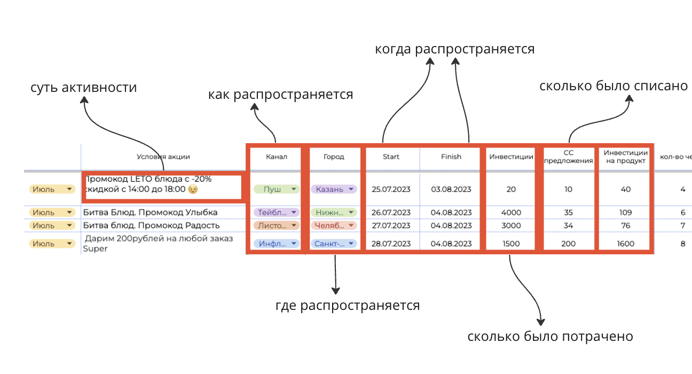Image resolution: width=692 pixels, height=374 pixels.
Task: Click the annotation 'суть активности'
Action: point(84,88)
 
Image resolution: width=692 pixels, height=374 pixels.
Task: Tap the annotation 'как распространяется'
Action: point(280,95)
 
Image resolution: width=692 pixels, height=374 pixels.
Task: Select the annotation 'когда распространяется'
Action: point(454,49)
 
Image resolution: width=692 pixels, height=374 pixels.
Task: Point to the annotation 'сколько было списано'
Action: point(614,85)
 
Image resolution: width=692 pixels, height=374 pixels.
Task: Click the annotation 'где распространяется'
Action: point(348,306)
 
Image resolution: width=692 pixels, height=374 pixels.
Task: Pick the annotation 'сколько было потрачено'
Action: point(550,337)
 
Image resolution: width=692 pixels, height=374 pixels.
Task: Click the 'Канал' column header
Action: point(277,157)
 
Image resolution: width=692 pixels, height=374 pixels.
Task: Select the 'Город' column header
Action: point(334,157)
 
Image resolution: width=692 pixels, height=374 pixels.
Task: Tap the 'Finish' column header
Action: point(451,157)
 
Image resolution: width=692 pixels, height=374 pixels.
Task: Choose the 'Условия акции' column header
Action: point(163,157)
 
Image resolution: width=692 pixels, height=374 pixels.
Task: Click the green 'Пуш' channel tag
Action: point(276,189)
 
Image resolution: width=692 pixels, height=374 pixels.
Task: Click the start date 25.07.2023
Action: point(391,189)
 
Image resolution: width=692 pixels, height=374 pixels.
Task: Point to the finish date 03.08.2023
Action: point(451,189)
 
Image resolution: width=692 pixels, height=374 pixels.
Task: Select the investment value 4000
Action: point(511,213)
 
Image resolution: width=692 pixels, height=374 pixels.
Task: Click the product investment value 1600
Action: point(625,244)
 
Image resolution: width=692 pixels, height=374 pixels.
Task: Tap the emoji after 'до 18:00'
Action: point(193,189)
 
